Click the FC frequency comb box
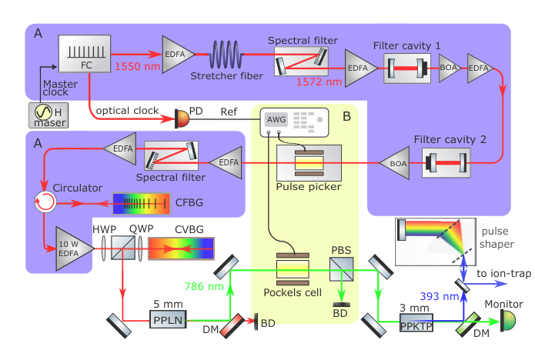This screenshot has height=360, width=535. click(x=85, y=54)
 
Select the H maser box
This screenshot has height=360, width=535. click(x=48, y=115)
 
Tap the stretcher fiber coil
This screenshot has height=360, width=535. click(x=226, y=55)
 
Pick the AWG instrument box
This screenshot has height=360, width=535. click(x=295, y=122)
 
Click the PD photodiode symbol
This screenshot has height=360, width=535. click(x=182, y=119)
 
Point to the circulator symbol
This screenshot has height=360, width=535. click(x=45, y=202)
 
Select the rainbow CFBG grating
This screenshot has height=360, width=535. click(x=142, y=204)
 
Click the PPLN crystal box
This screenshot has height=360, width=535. click(x=169, y=319)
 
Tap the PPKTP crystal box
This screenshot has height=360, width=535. click(x=416, y=322)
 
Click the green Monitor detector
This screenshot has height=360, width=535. click(x=508, y=321)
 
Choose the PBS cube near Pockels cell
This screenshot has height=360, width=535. click(x=342, y=269)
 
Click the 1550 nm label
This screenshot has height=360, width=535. click(x=138, y=66)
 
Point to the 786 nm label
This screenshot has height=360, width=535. click(x=204, y=286)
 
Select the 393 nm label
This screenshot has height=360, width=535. click(x=440, y=296)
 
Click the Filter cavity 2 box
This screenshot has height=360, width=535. click(x=446, y=163)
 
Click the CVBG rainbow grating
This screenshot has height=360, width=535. click(x=181, y=248)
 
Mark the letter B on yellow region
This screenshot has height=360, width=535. click(x=346, y=117)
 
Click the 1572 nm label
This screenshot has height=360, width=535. click(x=319, y=82)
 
